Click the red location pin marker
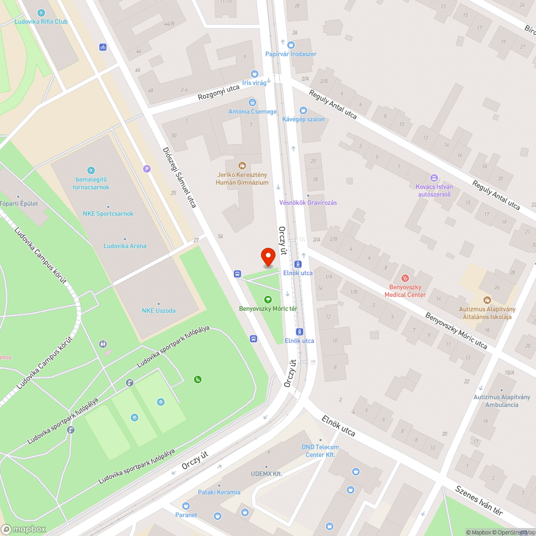click(268, 257)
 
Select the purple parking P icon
click(147, 169)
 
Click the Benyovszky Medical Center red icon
click(405, 278)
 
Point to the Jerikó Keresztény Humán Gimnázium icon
click(242, 166)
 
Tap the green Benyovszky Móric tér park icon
click(268, 300)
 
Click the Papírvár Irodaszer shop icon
click(291, 45)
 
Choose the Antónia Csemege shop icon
click(252, 102)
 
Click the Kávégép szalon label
click(303, 119)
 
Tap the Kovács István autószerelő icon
click(434, 178)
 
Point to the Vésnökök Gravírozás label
click(308, 203)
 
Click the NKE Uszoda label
click(158, 310)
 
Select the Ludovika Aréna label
click(125, 246)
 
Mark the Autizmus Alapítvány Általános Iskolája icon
click(487, 300)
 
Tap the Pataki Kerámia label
click(219, 492)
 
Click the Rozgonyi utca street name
click(218, 92)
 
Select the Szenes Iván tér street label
click(479, 500)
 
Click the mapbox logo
click(24, 529)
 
